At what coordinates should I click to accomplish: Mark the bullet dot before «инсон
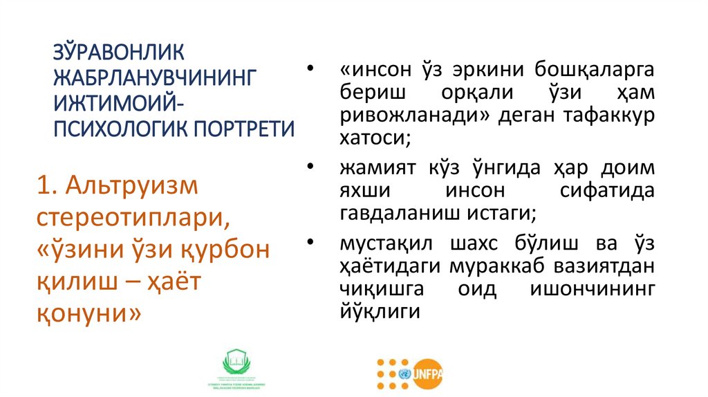tap(309, 71)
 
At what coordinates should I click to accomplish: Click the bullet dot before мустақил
tap(309, 243)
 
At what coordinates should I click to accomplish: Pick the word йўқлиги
tap(380, 311)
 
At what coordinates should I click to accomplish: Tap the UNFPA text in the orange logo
tap(428, 374)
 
